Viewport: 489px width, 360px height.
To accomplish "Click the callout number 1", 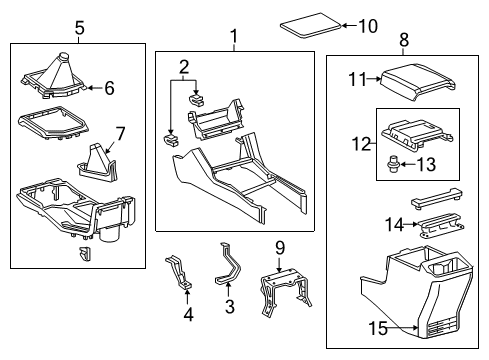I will click(x=234, y=39).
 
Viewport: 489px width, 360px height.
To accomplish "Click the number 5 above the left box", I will click(x=79, y=27).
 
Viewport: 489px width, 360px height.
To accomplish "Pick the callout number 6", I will click(x=109, y=88).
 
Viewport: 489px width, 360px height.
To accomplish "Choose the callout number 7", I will click(x=121, y=132).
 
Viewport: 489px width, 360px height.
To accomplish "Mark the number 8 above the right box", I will click(x=404, y=40).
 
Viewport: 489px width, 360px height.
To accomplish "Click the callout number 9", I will click(x=281, y=245).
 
